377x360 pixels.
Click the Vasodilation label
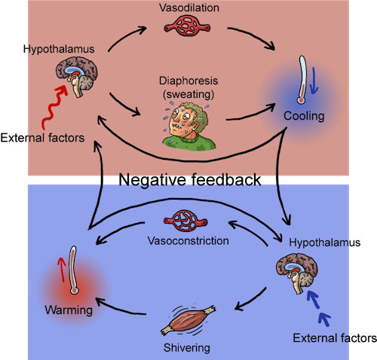pos(189,8)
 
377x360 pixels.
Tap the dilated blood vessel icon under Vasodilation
pos(187,26)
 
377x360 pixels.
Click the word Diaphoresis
pos(188,81)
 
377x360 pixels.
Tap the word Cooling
pos(304,116)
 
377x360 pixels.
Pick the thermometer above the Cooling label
pos(302,80)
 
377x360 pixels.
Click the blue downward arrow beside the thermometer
pos(314,81)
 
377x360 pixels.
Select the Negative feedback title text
pos(190,180)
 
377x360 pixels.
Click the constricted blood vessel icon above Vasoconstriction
pos(185,221)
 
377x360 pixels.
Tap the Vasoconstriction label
pos(188,241)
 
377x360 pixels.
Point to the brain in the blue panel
pos(297,273)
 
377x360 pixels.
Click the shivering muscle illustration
pos(188,320)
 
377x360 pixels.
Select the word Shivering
pos(187,348)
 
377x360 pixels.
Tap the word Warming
pos(69,310)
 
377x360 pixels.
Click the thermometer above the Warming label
pos(73,270)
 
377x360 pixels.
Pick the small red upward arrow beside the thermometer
pos(61,270)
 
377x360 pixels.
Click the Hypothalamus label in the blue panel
pos(325,243)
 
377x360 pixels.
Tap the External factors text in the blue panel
pos(335,338)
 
